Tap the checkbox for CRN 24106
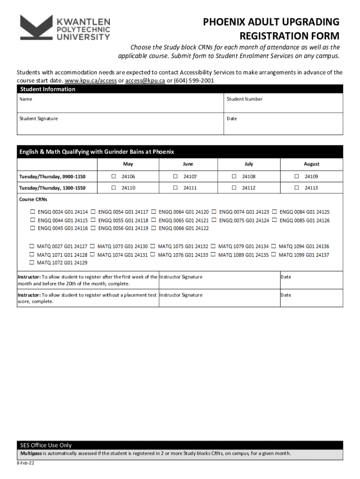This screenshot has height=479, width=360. pos(113,176)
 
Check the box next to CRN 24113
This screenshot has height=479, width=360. pos(296,188)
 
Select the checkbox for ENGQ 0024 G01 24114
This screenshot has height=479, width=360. pos(32,212)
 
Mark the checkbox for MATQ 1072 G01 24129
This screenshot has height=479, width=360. pos(32,262)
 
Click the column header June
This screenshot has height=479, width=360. pos(188,164)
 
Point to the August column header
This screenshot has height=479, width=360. pos(311,164)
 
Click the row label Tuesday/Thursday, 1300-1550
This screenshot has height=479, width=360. pos(51,188)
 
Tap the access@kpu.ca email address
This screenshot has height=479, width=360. pos(145,80)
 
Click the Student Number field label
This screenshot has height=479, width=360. pos(245,99)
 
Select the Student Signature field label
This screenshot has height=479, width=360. pos(38,119)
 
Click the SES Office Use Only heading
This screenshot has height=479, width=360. pos(46,445)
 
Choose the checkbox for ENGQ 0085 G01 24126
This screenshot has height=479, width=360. pos(274,220)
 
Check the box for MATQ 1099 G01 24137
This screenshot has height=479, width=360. pos(274,254)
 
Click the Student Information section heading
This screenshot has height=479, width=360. pos(48,89)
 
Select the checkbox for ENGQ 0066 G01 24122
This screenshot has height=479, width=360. pos(153,228)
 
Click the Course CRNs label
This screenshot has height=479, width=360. pos(33,199)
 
